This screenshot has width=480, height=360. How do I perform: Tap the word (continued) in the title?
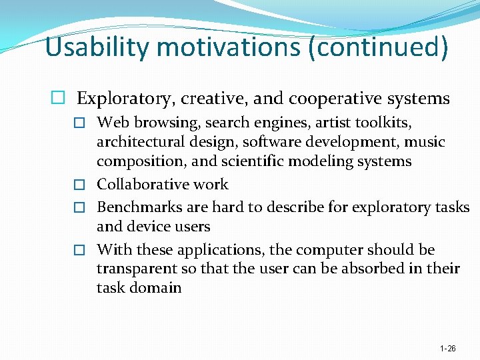coord(377,47)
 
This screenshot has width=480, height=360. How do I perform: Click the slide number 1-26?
coord(448,349)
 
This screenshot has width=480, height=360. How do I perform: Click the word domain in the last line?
coord(155,288)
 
